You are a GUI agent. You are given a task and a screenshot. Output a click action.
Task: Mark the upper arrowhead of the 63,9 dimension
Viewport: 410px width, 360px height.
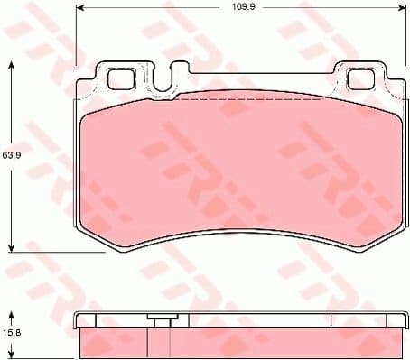coord(12,66)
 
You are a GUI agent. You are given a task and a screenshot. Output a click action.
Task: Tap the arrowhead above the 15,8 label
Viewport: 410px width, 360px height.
coord(12,315)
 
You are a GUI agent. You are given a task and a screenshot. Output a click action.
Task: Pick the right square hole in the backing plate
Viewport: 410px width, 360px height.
coord(360,78)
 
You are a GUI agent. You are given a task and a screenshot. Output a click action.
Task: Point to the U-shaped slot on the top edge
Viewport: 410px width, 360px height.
coord(163,81)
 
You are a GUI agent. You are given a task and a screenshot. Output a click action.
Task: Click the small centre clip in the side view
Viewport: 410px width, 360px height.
coord(162,322)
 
